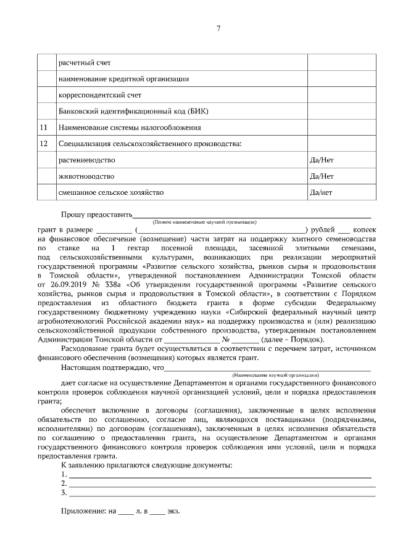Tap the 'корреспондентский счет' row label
99,95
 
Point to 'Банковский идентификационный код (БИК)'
133,112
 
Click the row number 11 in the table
43,128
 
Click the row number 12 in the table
43,144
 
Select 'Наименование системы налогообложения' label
130,128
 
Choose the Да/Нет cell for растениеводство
321,160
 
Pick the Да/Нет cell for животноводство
321,176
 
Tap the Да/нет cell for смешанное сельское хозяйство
320,192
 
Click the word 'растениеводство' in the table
86,160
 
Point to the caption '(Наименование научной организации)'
275,375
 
